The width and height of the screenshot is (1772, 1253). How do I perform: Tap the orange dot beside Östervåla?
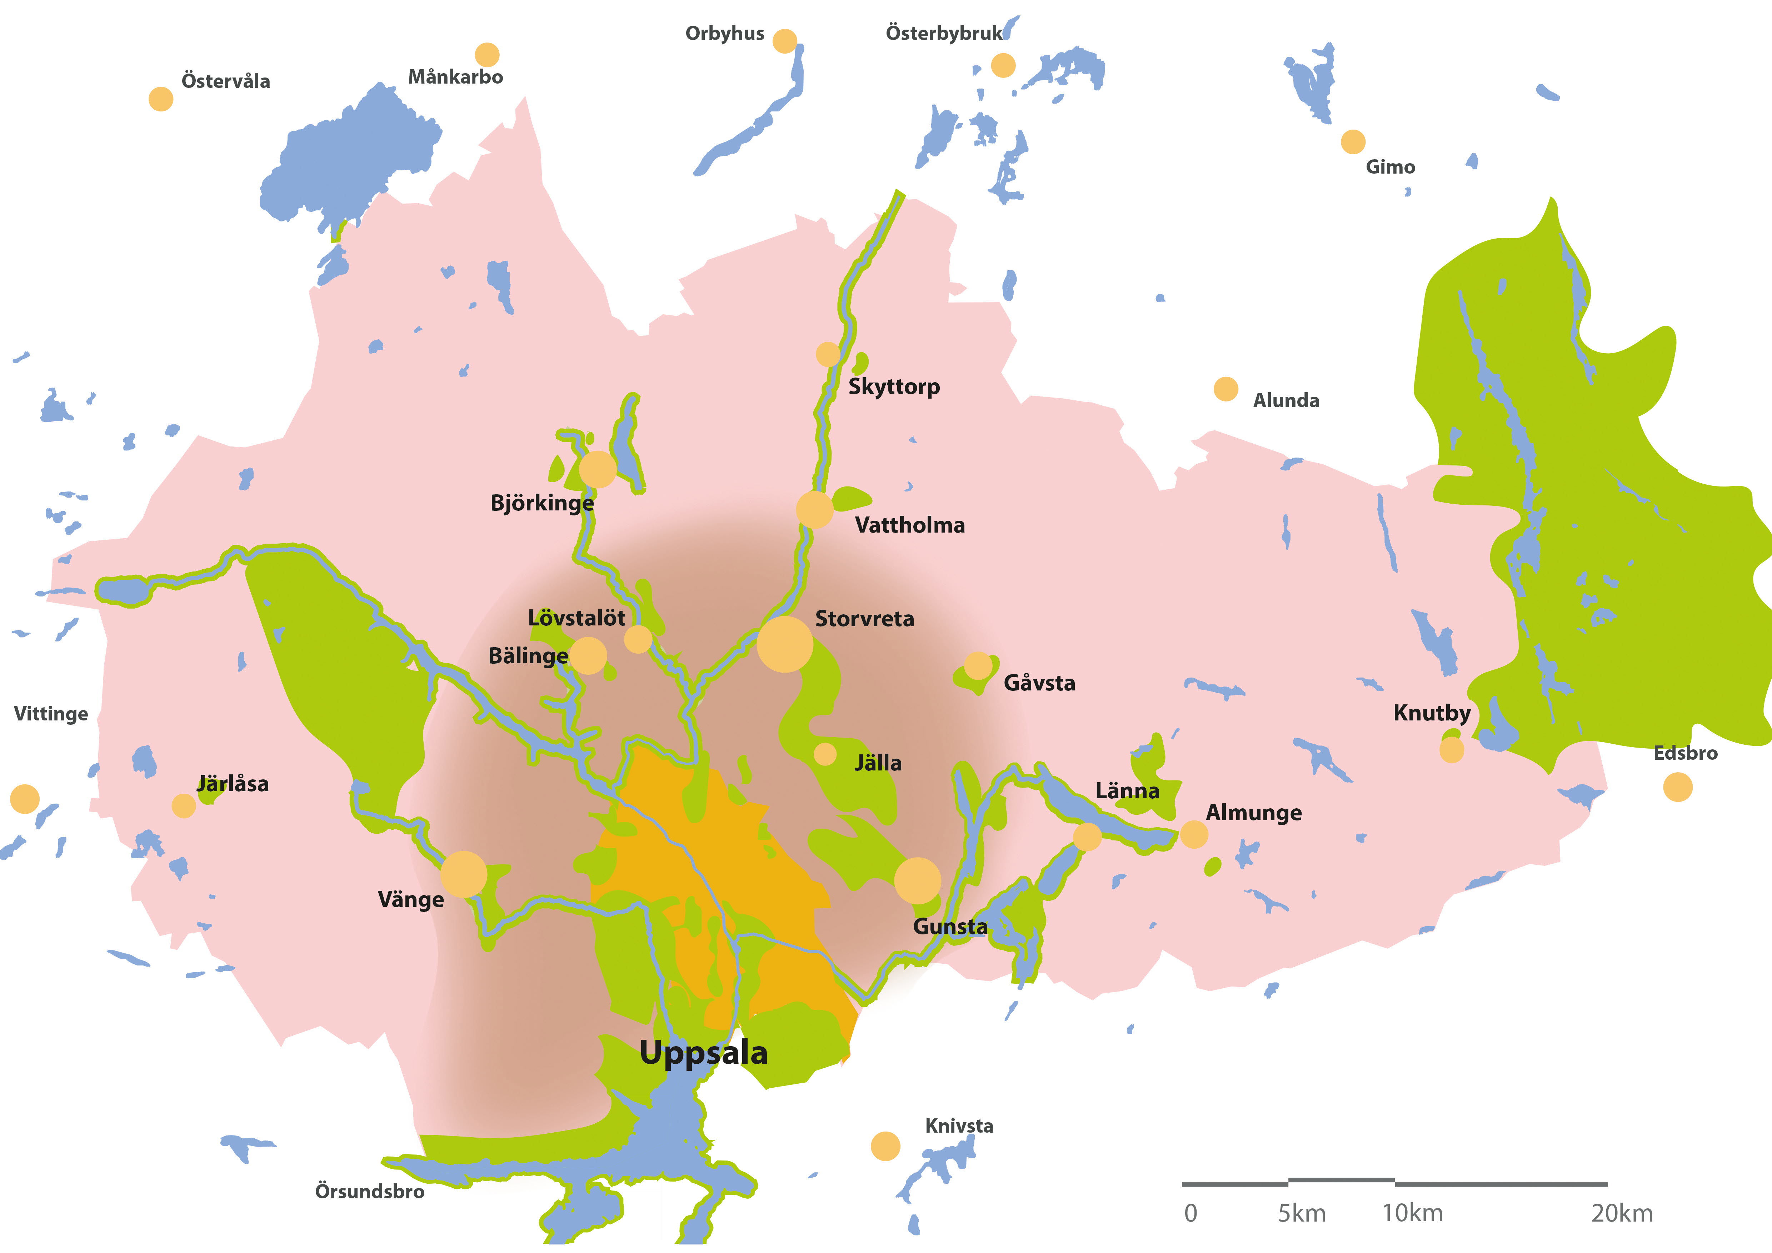click(160, 99)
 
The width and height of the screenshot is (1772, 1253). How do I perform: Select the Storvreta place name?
click(864, 619)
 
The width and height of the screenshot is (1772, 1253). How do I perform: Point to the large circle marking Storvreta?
click(784, 644)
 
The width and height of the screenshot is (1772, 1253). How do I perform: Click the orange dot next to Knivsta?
click(885, 1147)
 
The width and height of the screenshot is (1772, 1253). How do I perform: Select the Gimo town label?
click(1390, 167)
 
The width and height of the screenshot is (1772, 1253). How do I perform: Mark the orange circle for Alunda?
click(1226, 389)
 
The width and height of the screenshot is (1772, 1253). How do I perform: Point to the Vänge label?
click(411, 900)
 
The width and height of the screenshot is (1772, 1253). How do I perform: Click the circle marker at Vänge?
click(464, 874)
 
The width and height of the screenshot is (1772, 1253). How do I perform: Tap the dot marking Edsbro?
click(1677, 787)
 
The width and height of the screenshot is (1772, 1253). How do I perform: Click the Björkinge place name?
click(542, 503)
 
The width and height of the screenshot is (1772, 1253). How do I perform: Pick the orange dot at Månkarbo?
click(487, 55)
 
